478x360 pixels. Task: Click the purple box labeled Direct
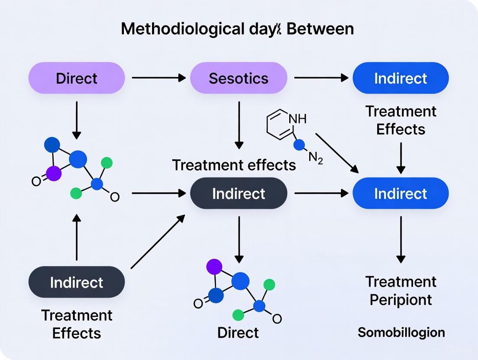(77, 78)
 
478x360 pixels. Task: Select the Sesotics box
(239, 78)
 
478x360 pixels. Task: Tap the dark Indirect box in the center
(239, 193)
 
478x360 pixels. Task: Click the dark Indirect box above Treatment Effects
(77, 282)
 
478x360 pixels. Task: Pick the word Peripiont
(400, 300)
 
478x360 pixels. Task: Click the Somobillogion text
(401, 332)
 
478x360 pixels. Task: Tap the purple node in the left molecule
(54, 174)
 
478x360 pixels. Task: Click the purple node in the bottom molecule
(214, 267)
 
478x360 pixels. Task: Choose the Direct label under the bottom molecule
(238, 332)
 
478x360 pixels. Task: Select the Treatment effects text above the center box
(234, 165)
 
